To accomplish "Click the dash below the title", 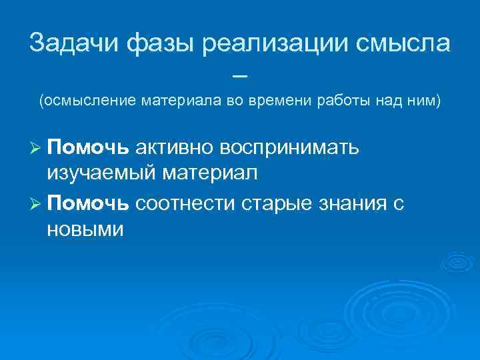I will click(x=240, y=75).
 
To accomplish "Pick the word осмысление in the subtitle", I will click(x=88, y=101).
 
